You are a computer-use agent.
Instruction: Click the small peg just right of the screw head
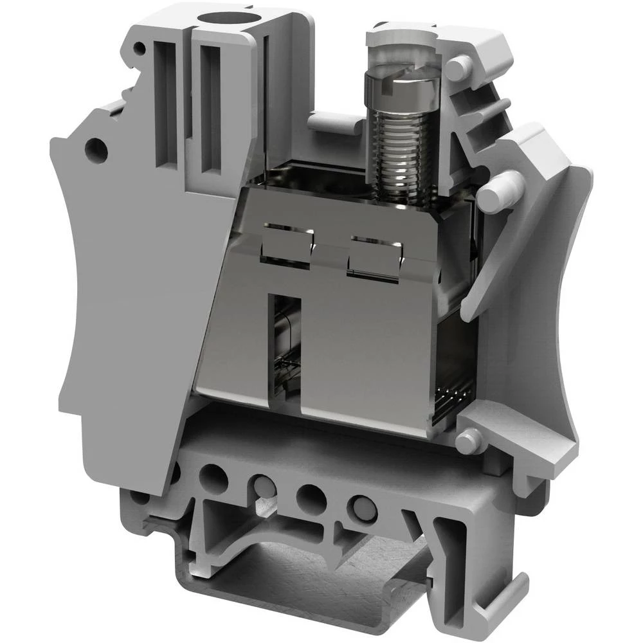pos(457,68)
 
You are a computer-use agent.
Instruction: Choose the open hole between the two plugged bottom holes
pos(312,496)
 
